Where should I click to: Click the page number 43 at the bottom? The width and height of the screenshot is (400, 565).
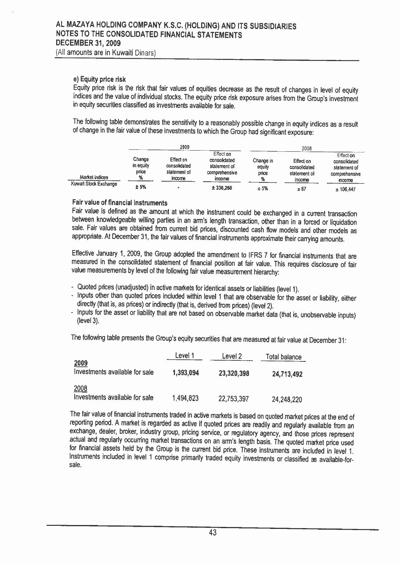point(213,532)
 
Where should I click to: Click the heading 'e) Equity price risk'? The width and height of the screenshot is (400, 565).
point(99,80)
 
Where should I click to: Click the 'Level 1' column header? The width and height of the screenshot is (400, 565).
point(184,356)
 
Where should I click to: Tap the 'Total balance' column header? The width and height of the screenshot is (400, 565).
point(284,357)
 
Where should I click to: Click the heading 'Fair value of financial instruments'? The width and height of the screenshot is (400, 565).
point(119,202)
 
